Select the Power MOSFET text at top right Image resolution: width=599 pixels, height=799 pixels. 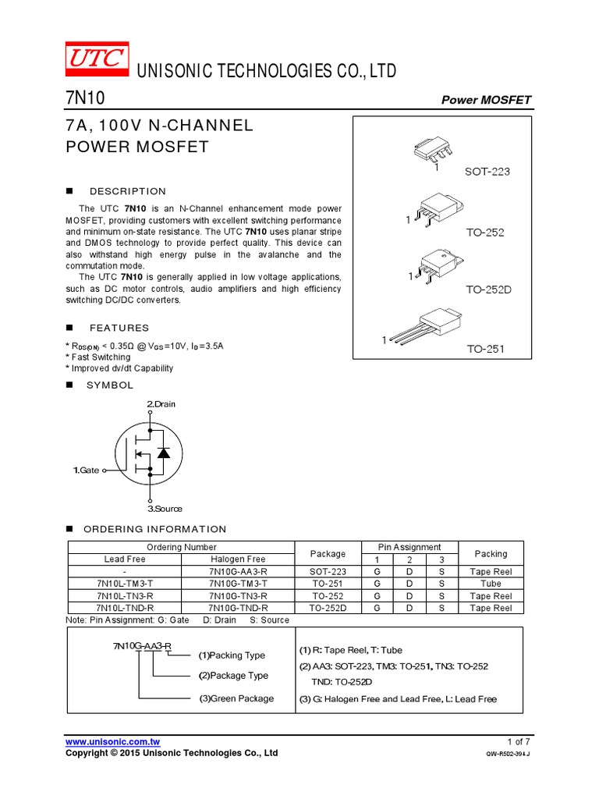coord(486,100)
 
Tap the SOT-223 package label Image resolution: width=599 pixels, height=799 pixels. coord(487,171)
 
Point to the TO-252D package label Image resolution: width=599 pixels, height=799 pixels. coord(487,289)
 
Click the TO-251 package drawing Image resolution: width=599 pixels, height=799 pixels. coord(422,327)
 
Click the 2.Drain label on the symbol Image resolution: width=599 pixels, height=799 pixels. coord(161,404)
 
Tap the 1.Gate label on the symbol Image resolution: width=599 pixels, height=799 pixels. coord(87,471)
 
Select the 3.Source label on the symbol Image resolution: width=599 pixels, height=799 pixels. coord(164,509)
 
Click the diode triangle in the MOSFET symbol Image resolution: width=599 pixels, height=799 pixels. coord(163,453)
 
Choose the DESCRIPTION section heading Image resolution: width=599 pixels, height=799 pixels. coord(128,191)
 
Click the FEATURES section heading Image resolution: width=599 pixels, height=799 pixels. coord(119,328)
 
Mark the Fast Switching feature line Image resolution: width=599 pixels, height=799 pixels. coord(98,357)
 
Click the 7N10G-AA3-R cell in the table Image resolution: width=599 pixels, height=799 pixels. coord(237,571)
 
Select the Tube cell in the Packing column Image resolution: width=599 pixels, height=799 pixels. coord(491,583)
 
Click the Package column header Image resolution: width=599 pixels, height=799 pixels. coord(328,553)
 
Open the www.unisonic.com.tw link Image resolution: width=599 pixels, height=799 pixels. coord(112,741)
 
